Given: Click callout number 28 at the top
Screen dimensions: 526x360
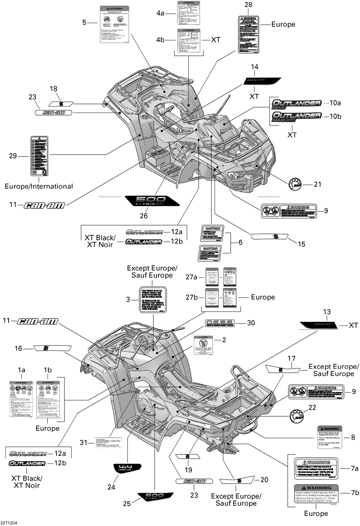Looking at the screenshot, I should tap(248, 5).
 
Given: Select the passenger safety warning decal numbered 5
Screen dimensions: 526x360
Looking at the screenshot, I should tap(114, 25).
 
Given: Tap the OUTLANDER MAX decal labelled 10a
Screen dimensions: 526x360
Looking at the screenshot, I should tap(296, 104).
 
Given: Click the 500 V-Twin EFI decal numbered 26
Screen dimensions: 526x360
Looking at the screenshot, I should tap(152, 201).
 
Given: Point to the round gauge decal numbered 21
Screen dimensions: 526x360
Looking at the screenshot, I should tap(294, 184).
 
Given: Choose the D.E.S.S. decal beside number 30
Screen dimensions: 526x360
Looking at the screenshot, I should tap(220, 323).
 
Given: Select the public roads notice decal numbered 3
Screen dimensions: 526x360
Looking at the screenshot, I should tap(153, 300).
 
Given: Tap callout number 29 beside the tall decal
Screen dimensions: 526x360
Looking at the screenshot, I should tap(13, 156).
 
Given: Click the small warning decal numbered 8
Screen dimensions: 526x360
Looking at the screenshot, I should tap(330, 437).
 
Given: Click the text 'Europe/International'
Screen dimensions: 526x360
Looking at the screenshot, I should tap(39, 186).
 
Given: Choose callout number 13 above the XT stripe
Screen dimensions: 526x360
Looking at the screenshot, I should tap(327, 312).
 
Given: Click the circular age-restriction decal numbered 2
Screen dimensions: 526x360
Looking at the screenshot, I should tap(203, 345).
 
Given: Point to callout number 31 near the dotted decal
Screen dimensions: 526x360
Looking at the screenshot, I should tap(84, 443).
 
